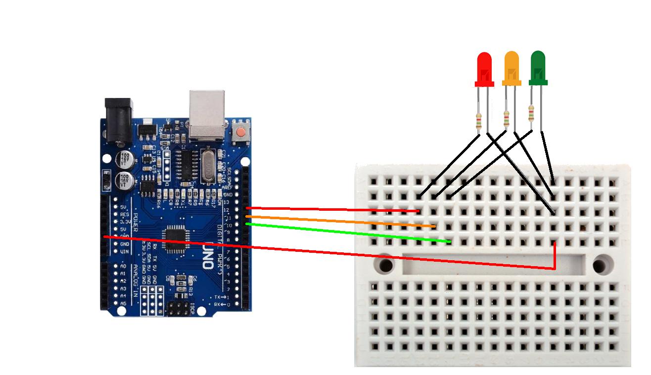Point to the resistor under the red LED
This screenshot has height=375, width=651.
478,121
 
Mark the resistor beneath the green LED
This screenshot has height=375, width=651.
531,113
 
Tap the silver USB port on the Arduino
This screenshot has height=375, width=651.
206,114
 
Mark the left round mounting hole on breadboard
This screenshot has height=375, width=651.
386,265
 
